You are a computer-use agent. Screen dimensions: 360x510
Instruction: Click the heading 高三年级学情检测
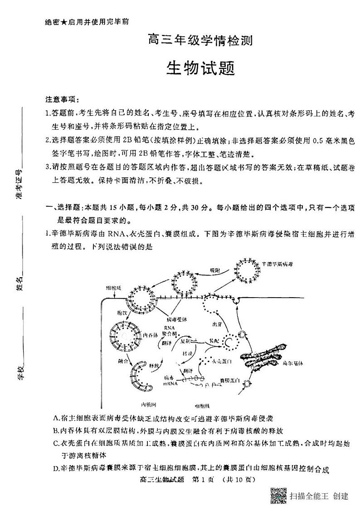(200, 42)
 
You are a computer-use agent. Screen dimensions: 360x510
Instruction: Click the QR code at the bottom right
(278, 495)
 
